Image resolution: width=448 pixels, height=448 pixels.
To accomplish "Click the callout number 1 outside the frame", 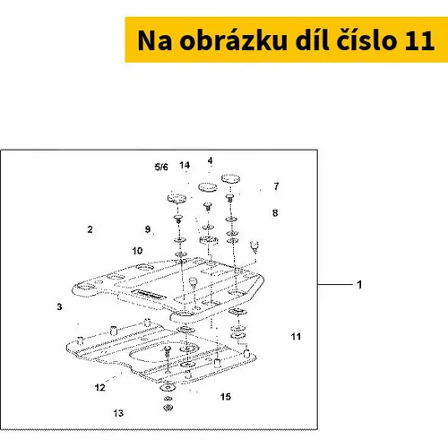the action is point(359,284).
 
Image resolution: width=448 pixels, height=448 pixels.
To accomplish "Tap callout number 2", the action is point(90,229).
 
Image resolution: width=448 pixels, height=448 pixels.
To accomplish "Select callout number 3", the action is point(59,306).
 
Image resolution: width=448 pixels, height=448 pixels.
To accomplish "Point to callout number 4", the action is point(211,160).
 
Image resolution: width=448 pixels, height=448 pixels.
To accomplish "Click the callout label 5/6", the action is point(161,167).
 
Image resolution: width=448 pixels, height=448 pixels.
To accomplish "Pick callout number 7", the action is point(276,186).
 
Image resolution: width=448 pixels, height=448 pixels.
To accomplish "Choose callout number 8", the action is point(275,213).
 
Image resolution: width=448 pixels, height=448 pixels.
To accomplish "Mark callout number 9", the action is point(148,229).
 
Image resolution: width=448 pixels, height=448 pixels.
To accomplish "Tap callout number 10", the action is point(137,251).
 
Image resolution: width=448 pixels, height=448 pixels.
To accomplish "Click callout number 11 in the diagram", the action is point(296,337).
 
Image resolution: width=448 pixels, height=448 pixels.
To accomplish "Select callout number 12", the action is point(100,388).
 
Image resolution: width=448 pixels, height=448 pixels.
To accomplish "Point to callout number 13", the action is point(118,413).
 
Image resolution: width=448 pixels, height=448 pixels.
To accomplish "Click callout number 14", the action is point(185,165).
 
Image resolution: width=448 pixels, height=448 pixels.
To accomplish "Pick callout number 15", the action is point(226,397).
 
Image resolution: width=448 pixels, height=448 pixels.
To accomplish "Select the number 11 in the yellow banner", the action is point(419,40).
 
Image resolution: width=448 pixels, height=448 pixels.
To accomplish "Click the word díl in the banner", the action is point(312,39).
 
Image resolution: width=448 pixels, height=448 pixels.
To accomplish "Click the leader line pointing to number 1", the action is point(335,285).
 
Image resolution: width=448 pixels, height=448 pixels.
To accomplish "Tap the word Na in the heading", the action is point(154,40).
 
